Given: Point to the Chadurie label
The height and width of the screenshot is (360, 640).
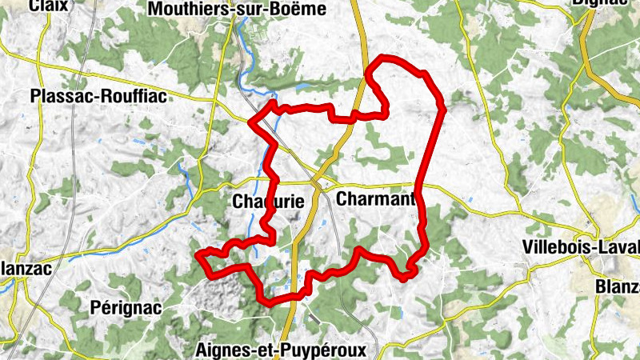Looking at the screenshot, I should coord(268,202).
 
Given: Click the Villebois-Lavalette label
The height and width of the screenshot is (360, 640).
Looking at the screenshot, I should coord(580,247).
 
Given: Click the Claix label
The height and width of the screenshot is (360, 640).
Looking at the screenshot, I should coord(46,6).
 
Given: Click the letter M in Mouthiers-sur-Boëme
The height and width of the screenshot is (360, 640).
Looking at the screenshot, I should coord(155,10).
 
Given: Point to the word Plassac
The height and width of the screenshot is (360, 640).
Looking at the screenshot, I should coord(57,97).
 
